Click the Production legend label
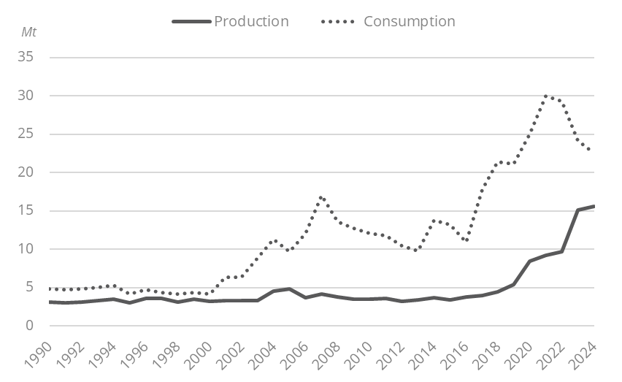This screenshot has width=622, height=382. (x=251, y=21)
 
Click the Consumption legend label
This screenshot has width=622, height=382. (x=409, y=21)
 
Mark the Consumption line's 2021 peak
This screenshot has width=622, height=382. (x=546, y=96)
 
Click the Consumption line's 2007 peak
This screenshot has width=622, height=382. (x=321, y=197)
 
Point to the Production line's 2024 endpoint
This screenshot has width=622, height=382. (x=594, y=206)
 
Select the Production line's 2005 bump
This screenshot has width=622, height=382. (x=289, y=289)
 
